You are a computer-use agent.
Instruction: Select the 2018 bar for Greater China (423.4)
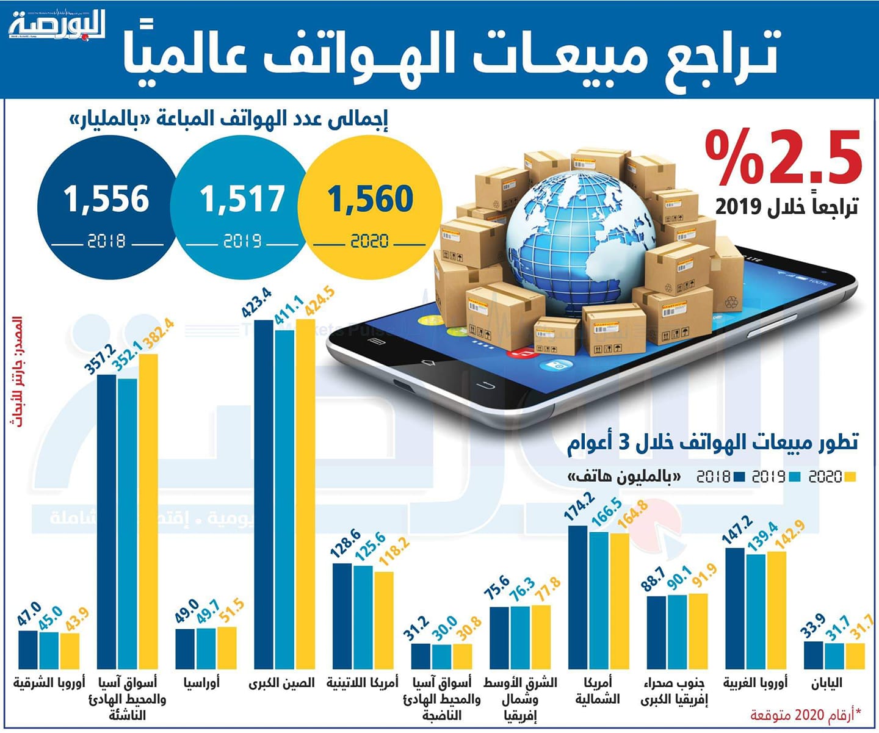tap(264, 494)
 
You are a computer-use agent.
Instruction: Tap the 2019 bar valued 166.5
tap(599, 601)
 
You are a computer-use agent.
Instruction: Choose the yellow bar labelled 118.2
tap(384, 620)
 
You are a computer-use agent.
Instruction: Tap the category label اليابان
tap(827, 683)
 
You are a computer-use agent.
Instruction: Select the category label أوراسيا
tap(201, 683)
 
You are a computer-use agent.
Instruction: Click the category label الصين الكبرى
tap(281, 683)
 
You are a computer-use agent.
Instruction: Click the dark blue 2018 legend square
tap(739, 477)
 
